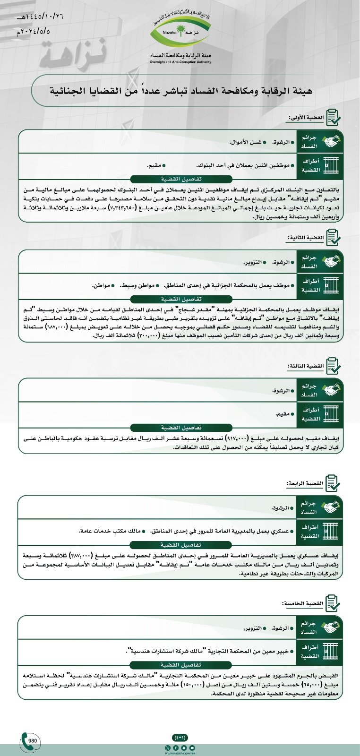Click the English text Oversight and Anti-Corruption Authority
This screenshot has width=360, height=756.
point(180,62)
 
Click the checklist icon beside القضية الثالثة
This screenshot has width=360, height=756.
point(333,367)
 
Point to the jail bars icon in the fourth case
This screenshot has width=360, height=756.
point(333,532)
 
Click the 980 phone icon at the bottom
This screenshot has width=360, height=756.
point(29,740)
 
